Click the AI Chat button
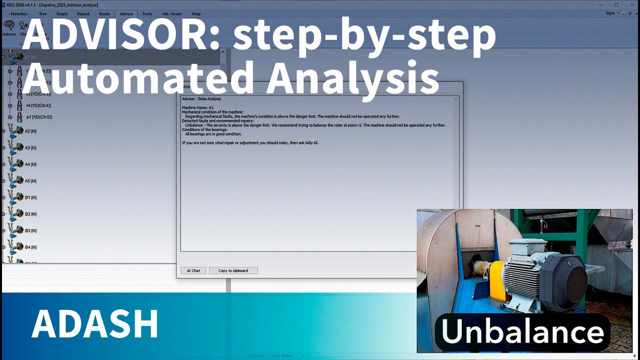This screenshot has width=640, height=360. click(193, 270)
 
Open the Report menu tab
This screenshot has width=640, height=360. click(83, 14)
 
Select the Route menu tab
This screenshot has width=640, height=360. click(104, 14)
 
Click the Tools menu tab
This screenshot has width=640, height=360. click(147, 14)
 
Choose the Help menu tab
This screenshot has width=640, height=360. click(196, 14)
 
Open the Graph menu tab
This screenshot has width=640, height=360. click(62, 14)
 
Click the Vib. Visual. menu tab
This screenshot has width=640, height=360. click(171, 14)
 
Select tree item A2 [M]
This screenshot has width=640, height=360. click(30, 131)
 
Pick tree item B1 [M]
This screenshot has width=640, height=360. click(30, 197)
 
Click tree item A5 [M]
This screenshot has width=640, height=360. click(30, 181)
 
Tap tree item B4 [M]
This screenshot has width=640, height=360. click(30, 247)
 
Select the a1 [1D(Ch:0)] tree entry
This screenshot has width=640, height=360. click(38, 117)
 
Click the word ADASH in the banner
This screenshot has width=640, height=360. click(95, 324)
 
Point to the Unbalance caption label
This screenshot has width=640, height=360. click(522, 332)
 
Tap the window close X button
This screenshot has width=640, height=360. click(630, 4)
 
